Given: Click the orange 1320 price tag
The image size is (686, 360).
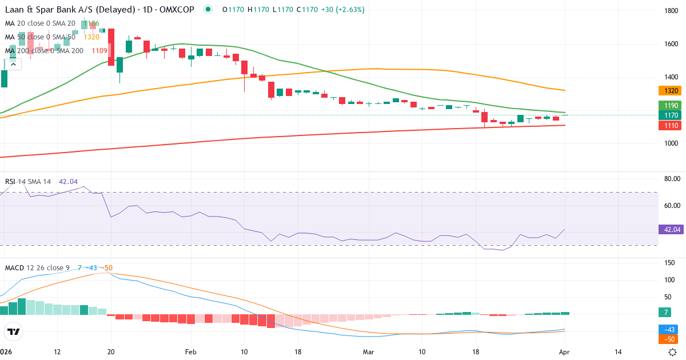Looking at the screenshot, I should [x=671, y=90].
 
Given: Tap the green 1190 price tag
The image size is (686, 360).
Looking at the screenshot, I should [x=671, y=106].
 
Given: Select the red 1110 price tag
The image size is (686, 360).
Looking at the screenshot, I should [x=671, y=125].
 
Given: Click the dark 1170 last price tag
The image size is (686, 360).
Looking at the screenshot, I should [x=671, y=115].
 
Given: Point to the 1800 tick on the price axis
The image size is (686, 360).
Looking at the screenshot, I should [x=671, y=11].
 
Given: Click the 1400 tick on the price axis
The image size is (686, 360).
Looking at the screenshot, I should [x=671, y=77].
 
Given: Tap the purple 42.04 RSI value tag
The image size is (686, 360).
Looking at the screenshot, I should [x=671, y=230].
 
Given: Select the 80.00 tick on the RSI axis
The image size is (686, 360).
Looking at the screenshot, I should [x=671, y=179].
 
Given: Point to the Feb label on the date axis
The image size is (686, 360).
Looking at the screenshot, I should [x=191, y=353].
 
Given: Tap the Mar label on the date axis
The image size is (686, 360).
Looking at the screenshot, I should [x=368, y=353].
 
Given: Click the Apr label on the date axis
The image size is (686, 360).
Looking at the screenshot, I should [x=564, y=353].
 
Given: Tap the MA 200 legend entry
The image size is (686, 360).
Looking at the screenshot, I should [x=45, y=50].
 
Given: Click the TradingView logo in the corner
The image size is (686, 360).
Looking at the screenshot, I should [x=13, y=331].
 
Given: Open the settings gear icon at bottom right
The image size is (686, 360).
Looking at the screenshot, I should [x=673, y=352].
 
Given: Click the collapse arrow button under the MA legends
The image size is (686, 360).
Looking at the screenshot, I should [x=13, y=64].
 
